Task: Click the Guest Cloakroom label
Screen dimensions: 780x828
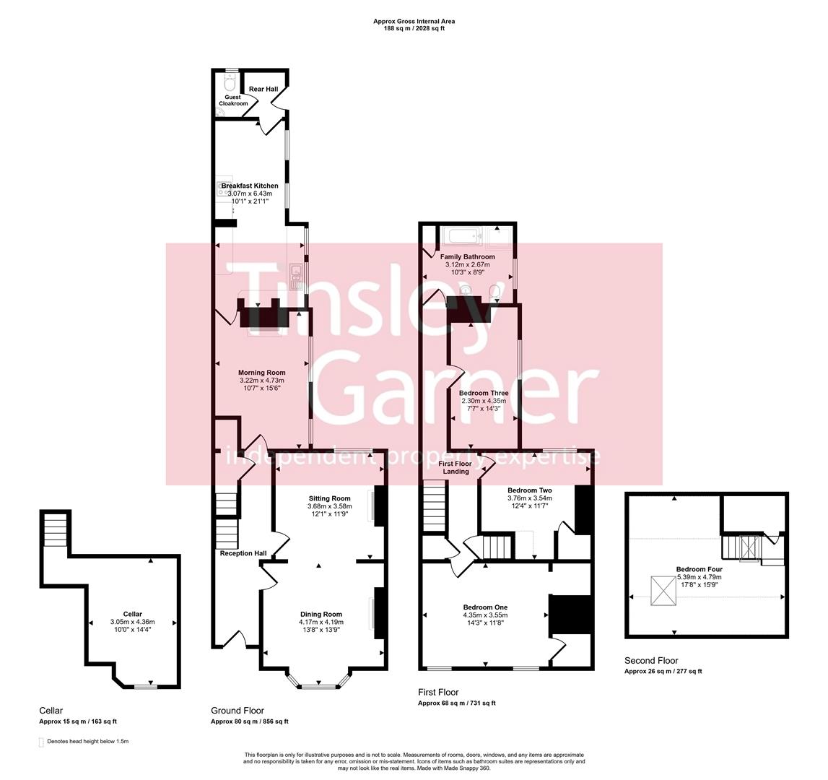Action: [x=232, y=100]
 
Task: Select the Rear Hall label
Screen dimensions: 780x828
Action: [x=263, y=89]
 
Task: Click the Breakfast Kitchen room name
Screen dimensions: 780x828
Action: [x=249, y=186]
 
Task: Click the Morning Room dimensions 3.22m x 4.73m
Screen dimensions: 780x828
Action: [x=261, y=381]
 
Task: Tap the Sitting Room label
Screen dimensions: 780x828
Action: [x=329, y=498]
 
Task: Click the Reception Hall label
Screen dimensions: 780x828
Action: [x=243, y=553]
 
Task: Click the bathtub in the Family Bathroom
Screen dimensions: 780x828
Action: [x=461, y=235]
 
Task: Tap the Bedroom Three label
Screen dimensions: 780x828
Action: [x=484, y=394]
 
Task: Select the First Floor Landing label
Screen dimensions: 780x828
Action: [x=456, y=467]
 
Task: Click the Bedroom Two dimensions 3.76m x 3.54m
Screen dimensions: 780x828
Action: [x=529, y=498]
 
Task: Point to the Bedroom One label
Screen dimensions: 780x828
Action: [x=485, y=607]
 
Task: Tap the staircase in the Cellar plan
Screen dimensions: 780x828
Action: [x=54, y=531]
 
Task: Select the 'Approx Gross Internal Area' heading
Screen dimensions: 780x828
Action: [x=414, y=22]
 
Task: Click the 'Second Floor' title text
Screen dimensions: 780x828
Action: [x=651, y=660]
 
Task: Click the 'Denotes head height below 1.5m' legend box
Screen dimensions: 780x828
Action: [x=40, y=742]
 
